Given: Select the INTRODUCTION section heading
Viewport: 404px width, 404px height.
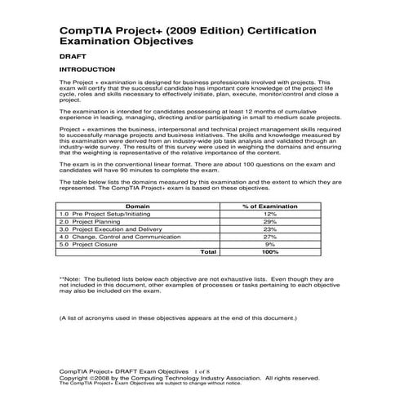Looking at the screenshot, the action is coord(87,70).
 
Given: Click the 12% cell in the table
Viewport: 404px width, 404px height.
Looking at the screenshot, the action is coord(270,215).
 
